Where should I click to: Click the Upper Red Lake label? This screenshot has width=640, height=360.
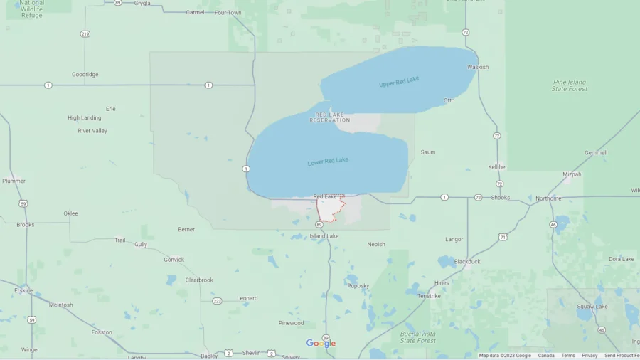[x=399, y=83]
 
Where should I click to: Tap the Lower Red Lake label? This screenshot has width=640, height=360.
[x=328, y=162]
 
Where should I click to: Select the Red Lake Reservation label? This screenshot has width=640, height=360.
[x=329, y=117]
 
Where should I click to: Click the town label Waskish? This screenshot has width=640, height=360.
[x=478, y=68]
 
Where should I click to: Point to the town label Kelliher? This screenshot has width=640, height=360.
[x=498, y=167]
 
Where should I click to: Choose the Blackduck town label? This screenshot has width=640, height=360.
[x=467, y=261]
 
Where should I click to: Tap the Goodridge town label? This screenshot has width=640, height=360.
[x=85, y=74]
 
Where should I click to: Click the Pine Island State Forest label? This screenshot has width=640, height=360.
[x=570, y=85]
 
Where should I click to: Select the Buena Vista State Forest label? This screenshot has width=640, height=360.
[x=418, y=337]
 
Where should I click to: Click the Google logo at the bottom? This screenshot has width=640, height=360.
[x=321, y=344]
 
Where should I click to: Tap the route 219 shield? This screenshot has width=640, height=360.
[x=85, y=34]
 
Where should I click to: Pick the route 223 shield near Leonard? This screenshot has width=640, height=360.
[x=217, y=301]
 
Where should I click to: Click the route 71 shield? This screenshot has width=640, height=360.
[x=503, y=237]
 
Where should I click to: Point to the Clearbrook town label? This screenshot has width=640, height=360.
[x=199, y=280]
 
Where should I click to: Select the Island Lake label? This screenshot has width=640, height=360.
[x=324, y=236]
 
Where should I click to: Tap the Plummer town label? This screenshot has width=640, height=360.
[x=14, y=181]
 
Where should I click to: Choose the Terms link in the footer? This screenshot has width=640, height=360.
[x=567, y=356]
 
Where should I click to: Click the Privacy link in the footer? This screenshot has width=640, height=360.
[x=590, y=356]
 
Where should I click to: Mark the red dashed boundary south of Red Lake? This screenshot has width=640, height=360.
[x=331, y=210]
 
